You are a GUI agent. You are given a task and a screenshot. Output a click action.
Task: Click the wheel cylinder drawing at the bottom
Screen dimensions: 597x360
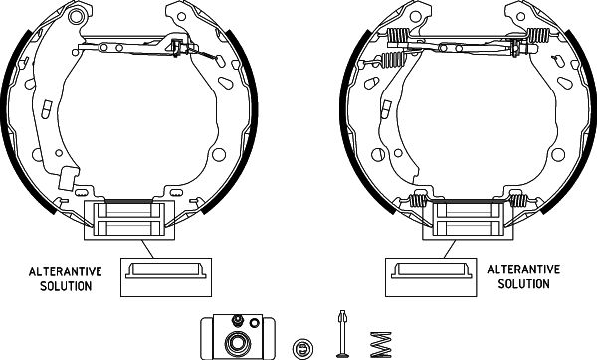pyautogui.click(x=238, y=337)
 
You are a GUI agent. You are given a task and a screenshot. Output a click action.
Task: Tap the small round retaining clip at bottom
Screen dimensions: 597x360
pyautogui.click(x=302, y=348)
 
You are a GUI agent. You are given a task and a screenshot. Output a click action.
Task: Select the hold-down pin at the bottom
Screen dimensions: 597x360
pyautogui.click(x=342, y=334)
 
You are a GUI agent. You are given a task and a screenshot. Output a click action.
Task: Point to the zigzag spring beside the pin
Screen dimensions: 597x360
pyautogui.click(x=380, y=345)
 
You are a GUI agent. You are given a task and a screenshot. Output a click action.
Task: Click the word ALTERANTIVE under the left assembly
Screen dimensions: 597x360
pyautogui.click(x=66, y=271)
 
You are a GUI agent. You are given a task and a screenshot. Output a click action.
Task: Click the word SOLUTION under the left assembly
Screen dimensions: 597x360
pyautogui.click(x=66, y=286)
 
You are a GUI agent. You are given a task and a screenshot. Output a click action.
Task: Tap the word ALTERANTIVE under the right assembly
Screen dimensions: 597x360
pyautogui.click(x=523, y=270)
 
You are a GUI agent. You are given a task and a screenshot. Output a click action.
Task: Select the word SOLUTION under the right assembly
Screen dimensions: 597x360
pyautogui.click(x=524, y=284)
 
